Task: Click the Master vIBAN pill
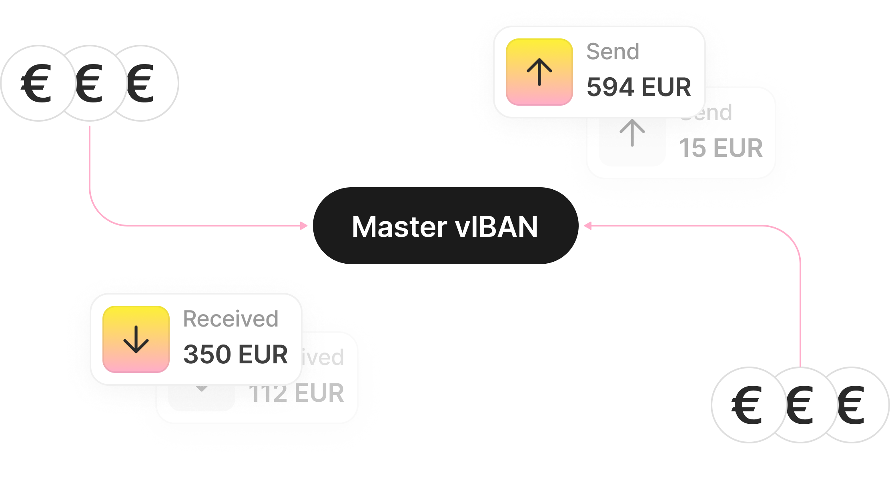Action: click(x=445, y=226)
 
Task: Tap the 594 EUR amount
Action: click(x=639, y=87)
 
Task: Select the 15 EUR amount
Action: click(x=721, y=148)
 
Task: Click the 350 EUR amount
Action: click(x=235, y=355)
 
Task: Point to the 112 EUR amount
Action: click(x=296, y=393)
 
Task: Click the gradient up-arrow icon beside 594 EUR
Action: click(x=539, y=72)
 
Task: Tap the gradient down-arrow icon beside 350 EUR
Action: click(x=136, y=339)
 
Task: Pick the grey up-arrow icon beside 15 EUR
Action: click(x=632, y=134)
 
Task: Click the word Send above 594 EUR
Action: click(x=613, y=52)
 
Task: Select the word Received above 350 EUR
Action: click(x=231, y=319)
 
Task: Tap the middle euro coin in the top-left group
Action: click(x=90, y=83)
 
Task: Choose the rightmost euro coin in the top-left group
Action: click(x=144, y=83)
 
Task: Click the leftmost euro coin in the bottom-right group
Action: click(x=746, y=405)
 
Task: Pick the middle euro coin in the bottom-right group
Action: click(x=800, y=405)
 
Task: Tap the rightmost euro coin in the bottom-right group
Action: click(x=854, y=405)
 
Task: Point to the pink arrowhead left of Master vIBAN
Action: click(x=304, y=226)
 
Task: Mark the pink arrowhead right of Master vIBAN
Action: click(x=587, y=226)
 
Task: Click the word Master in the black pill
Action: click(x=399, y=227)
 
